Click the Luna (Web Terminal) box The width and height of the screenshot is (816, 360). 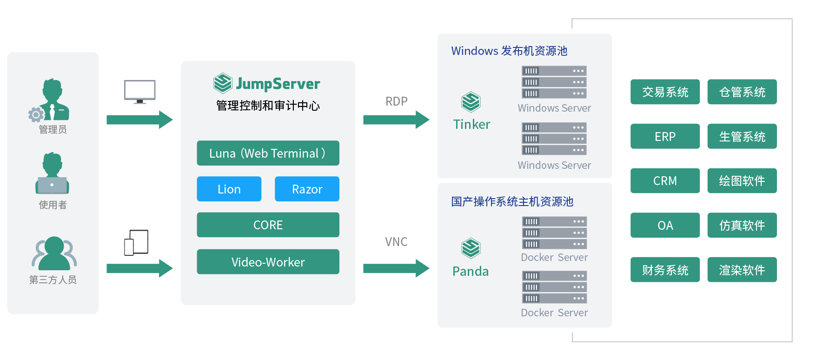[268, 153]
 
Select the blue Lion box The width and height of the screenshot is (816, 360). [229, 189]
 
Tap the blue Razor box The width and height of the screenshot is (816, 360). [307, 189]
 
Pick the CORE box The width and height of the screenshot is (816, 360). [268, 225]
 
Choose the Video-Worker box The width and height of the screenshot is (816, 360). [268, 262]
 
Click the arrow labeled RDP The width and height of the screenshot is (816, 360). [396, 120]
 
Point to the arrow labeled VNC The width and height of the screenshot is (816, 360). [396, 268]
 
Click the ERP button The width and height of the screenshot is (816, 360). [665, 136]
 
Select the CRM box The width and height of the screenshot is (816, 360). [665, 180]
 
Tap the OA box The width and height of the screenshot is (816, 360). [665, 225]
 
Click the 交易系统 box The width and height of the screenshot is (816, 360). [665, 92]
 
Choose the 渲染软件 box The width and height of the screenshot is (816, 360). [742, 270]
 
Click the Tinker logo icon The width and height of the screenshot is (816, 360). [471, 102]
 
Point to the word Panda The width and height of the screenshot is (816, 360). [471, 271]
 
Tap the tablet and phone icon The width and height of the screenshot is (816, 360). [136, 242]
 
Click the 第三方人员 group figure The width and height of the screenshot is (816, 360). [54, 253]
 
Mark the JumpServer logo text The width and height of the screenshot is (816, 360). [278, 84]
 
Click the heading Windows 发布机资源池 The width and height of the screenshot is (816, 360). [509, 51]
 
